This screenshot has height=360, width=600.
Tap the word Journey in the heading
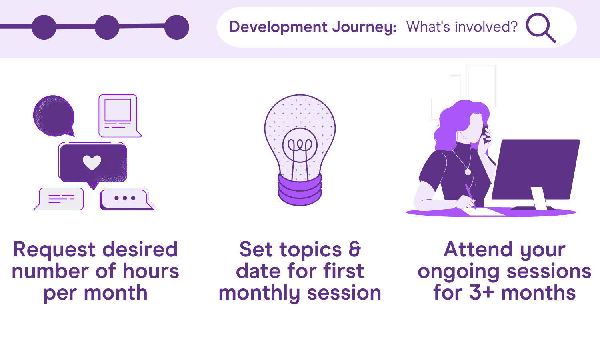[x=364, y=28]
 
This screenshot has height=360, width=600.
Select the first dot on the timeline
[x=44, y=27]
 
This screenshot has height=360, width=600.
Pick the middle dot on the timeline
[x=107, y=27]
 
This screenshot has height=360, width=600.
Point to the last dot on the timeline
[x=177, y=27]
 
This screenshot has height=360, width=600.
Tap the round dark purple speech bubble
[x=54, y=116]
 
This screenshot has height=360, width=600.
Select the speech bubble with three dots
[x=126, y=200]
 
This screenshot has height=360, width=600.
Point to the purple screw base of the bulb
[x=300, y=190]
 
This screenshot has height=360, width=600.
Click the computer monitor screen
[x=536, y=169]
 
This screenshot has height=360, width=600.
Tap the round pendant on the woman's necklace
[x=468, y=172]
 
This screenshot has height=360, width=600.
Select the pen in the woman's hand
[x=471, y=196]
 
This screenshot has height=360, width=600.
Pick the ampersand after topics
[x=355, y=249]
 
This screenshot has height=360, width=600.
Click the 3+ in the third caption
[x=482, y=292]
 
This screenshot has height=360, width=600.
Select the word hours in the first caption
[x=151, y=271]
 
